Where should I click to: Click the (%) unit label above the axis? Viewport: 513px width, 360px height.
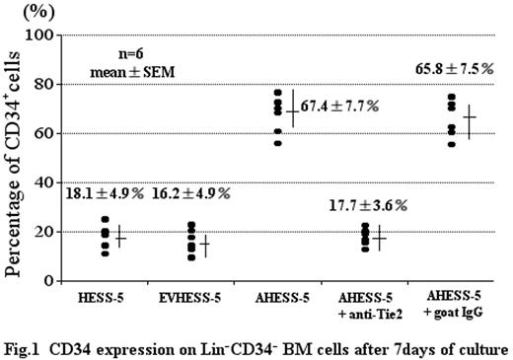(23, 12)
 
